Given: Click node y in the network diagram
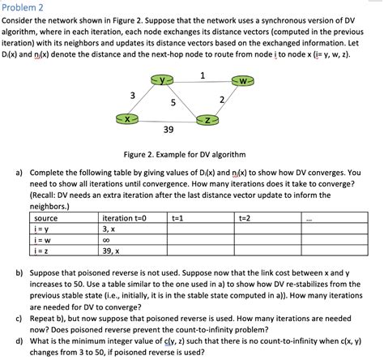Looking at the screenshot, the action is [x=165, y=80].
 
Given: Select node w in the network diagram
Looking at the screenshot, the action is [x=244, y=81].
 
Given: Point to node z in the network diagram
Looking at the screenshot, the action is [x=207, y=120].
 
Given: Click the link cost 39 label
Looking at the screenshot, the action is [x=168, y=131].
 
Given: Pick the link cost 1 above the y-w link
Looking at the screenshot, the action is [x=202, y=75].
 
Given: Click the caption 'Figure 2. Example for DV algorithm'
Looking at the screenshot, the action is [x=191, y=154].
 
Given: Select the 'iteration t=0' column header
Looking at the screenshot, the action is [x=125, y=218].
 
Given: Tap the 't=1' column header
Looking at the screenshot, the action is [x=177, y=218].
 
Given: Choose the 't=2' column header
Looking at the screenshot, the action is [x=244, y=218].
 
